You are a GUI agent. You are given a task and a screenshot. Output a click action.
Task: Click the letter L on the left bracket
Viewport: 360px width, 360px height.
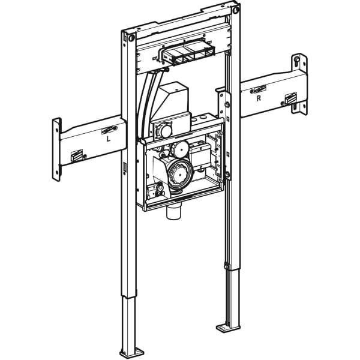point(108,139)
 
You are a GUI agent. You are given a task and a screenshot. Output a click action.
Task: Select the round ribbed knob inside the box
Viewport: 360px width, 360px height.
point(179,173)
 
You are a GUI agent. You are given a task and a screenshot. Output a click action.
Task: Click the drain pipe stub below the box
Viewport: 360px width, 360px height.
point(173,212)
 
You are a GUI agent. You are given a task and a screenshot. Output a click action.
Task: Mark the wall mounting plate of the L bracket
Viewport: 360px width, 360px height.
point(57,149)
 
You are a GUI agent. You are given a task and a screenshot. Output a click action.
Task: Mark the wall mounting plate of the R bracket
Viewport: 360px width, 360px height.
point(299,84)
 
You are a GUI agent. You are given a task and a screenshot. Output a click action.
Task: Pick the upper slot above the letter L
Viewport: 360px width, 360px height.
point(109,128)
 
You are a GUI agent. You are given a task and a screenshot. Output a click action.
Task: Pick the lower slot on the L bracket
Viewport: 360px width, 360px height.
point(77,157)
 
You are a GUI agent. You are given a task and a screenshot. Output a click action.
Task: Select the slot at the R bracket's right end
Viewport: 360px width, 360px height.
point(290,98)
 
